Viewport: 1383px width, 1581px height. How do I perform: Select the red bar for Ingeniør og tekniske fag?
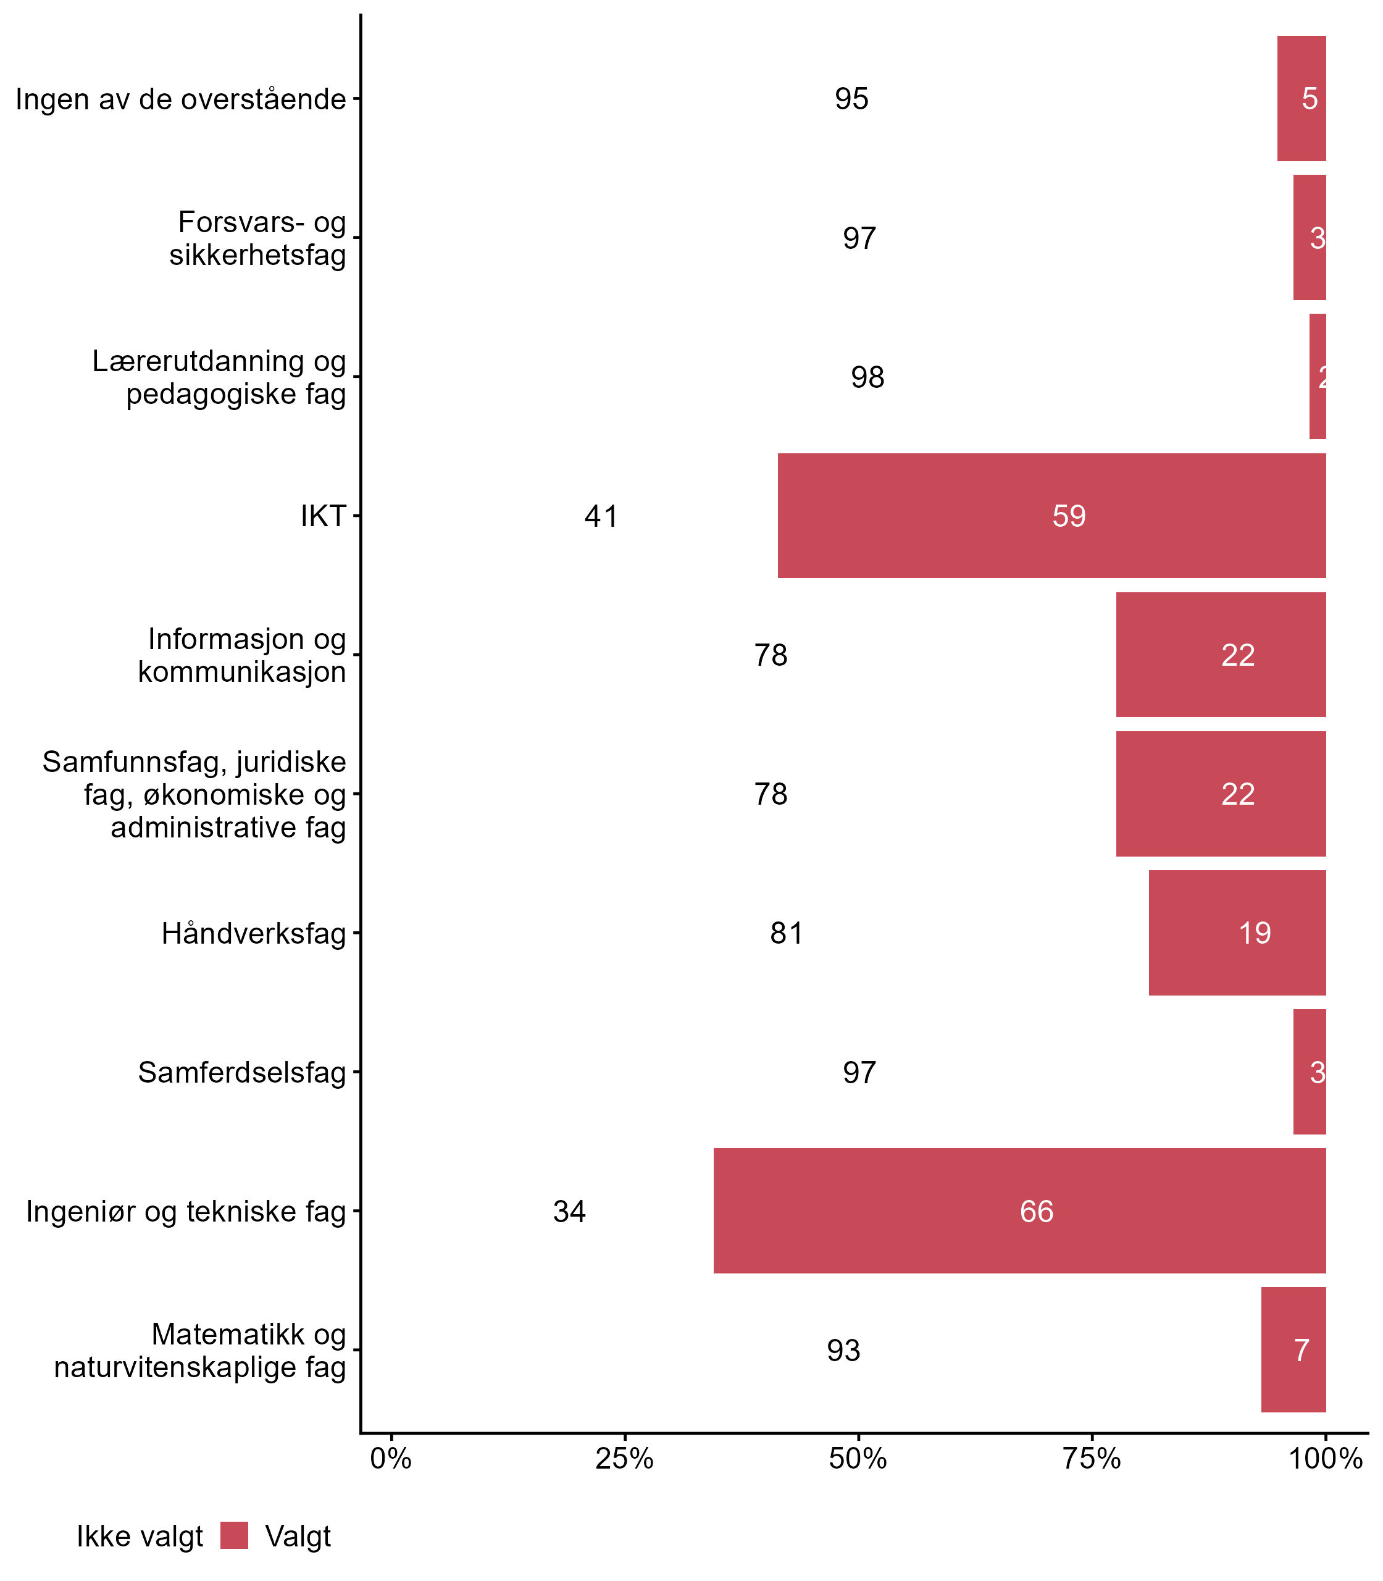click(x=1019, y=1210)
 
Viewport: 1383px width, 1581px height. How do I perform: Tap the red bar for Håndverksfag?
click(x=1237, y=933)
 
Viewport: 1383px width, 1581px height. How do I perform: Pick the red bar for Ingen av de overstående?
click(x=1302, y=99)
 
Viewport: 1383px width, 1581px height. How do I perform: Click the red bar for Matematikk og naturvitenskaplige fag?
click(x=1293, y=1349)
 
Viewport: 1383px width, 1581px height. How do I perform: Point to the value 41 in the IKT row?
click(x=601, y=516)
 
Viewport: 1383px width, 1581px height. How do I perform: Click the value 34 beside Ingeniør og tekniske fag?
click(x=569, y=1211)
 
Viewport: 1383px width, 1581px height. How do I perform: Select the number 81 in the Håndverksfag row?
click(x=787, y=933)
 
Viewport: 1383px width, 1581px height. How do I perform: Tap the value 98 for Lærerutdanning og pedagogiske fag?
click(x=867, y=377)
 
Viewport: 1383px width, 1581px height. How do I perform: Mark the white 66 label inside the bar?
click(x=1037, y=1211)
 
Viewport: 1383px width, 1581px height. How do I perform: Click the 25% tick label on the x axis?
click(x=624, y=1459)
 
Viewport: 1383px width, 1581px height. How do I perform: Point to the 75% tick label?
click(x=1092, y=1459)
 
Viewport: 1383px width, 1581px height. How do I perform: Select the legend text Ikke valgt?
click(x=140, y=1537)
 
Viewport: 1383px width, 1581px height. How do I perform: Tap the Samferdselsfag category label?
click(x=241, y=1072)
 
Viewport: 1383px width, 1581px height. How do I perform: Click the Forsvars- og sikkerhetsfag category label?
click(x=258, y=238)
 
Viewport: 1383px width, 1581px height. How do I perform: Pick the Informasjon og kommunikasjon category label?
click(x=241, y=655)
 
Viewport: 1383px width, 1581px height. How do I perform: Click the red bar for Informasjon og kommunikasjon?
click(x=1221, y=655)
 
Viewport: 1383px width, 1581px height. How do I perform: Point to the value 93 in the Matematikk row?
click(x=843, y=1350)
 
